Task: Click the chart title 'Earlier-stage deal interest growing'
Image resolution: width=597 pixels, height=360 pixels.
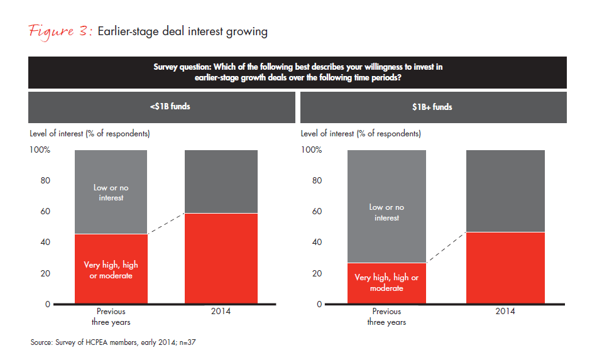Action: (183, 32)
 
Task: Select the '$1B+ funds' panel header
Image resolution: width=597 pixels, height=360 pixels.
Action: (433, 107)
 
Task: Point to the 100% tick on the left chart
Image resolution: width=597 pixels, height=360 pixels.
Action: (41, 150)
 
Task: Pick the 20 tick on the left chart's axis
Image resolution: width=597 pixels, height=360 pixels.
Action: (45, 273)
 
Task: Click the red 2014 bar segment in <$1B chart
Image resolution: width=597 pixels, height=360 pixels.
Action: (221, 259)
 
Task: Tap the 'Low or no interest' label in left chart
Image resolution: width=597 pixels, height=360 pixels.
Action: (111, 193)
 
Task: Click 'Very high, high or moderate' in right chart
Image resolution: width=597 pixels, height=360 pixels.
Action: (386, 283)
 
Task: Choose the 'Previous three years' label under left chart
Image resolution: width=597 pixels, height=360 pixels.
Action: (111, 317)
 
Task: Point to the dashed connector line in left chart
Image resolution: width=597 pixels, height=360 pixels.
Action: (166, 224)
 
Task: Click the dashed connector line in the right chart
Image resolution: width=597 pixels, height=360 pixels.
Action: (446, 248)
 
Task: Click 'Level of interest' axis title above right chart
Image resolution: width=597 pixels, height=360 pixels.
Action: (361, 134)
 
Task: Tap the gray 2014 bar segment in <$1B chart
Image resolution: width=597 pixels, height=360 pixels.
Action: (221, 182)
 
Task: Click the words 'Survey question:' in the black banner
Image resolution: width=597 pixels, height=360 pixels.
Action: (185, 67)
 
